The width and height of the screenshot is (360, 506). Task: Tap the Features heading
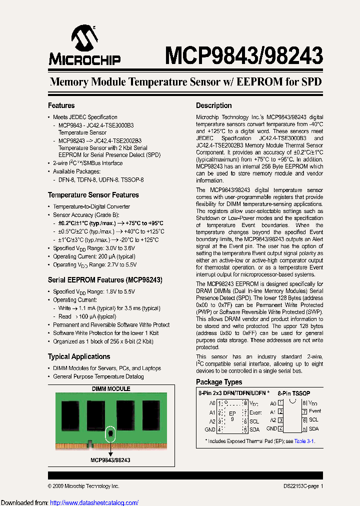tap(61, 105)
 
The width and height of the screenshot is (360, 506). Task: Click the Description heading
tap(213, 105)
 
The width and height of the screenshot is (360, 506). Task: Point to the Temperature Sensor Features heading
tap(93, 195)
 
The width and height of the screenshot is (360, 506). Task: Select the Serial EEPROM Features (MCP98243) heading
tap(104, 280)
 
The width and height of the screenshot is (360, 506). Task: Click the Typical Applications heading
tap(79, 356)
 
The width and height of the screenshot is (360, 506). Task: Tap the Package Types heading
tap(219, 382)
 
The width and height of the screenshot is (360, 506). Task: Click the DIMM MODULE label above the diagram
tap(111, 388)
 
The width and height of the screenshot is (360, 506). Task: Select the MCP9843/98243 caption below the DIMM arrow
tap(110, 460)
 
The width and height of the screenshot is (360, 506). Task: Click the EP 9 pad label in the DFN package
tap(232, 415)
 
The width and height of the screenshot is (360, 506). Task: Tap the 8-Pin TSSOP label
tap(294, 393)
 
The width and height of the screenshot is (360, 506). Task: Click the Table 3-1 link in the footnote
tap(303, 441)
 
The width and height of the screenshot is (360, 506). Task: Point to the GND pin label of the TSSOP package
tap(271, 428)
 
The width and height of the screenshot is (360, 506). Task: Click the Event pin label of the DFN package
tap(255, 412)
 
